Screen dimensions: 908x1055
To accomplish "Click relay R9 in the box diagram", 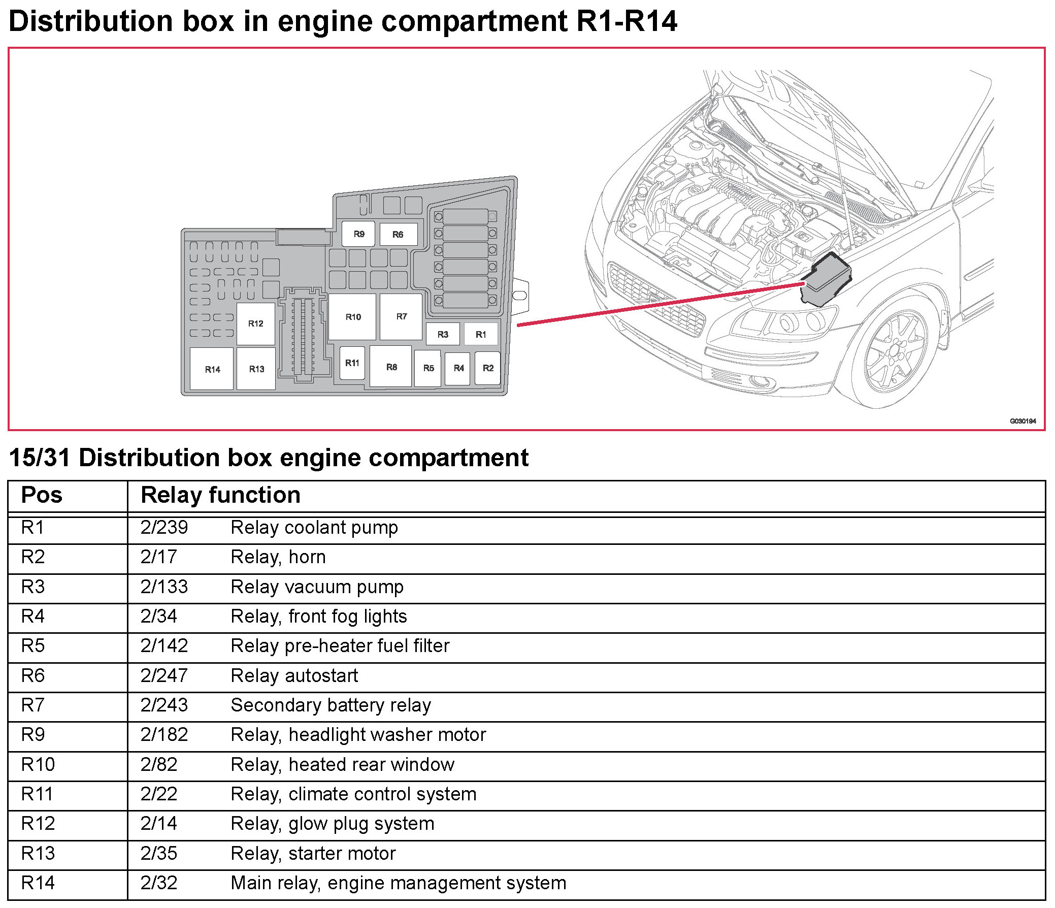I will click(358, 234).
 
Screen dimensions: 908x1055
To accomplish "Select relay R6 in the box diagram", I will click(398, 235).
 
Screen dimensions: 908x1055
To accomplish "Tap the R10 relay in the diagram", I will click(353, 317).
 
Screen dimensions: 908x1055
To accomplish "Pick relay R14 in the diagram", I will click(212, 369).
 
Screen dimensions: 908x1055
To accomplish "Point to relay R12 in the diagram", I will click(255, 323).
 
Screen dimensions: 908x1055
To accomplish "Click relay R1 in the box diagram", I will click(481, 335).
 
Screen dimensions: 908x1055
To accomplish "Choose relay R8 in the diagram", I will click(391, 367).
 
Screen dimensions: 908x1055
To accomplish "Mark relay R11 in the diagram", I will click(352, 363).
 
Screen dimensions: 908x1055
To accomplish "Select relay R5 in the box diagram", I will click(428, 368).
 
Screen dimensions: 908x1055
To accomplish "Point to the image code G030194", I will click(1023, 421).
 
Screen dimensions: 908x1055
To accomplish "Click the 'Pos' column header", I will click(42, 495).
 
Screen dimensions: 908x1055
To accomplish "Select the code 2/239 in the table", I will click(164, 528).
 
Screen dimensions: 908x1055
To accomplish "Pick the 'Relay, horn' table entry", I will click(278, 557).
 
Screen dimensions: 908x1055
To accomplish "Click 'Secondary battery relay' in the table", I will click(331, 705).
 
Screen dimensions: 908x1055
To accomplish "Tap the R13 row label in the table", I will click(38, 854).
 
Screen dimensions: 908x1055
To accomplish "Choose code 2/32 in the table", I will click(159, 883).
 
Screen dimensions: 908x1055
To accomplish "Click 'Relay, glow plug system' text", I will click(333, 824).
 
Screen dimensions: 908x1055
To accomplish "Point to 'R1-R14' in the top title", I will click(627, 21).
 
